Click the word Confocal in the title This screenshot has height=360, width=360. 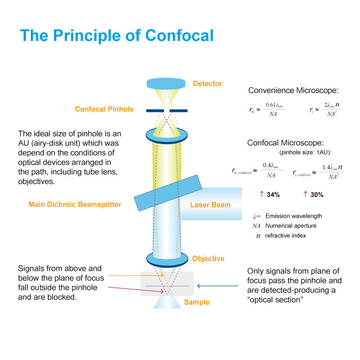click(x=180, y=36)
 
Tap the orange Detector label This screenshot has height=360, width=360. click(x=207, y=84)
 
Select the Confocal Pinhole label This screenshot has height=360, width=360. click(x=104, y=109)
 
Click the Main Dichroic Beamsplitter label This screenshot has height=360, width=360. click(x=75, y=205)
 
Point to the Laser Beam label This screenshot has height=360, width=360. click(x=210, y=205)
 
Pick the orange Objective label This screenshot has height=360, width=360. click(x=208, y=259)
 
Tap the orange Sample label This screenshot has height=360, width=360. click(x=196, y=302)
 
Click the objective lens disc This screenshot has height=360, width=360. click(x=167, y=259)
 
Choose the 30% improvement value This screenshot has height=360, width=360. click(x=317, y=195)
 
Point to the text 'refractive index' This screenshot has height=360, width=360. click(x=286, y=235)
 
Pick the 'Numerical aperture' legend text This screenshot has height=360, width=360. click(x=291, y=226)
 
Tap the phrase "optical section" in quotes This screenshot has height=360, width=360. click(x=275, y=300)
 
